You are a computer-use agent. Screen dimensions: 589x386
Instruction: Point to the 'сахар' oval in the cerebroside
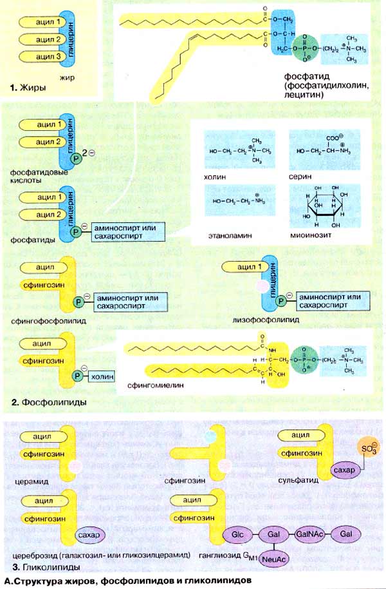point(86,535)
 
